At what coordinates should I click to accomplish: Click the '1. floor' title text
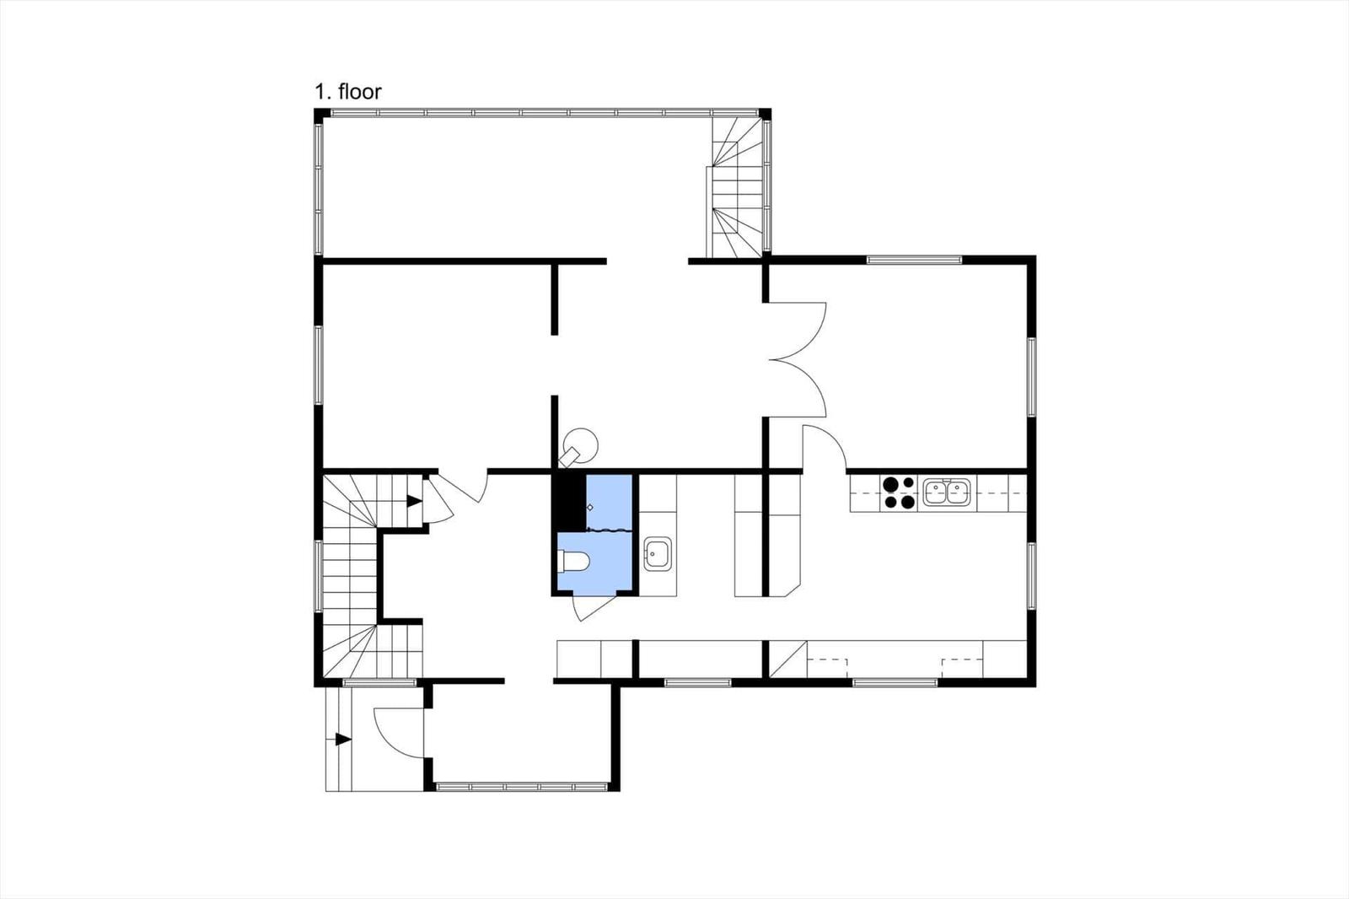coord(347,92)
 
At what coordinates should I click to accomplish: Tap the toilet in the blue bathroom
coord(572,561)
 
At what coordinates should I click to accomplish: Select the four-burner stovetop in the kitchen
coord(899,493)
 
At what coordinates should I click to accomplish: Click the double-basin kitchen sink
coord(947,492)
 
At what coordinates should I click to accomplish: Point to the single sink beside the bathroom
coord(657,554)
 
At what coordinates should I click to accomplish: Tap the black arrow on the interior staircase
coord(414,501)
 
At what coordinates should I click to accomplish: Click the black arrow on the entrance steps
coord(343,740)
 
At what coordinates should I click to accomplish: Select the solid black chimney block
coord(569,502)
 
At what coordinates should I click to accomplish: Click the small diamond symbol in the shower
coord(589,508)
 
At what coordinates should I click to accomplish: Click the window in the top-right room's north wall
coord(914,261)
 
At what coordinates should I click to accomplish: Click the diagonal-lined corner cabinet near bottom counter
coord(788,659)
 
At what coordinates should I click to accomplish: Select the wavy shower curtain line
coord(609,530)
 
